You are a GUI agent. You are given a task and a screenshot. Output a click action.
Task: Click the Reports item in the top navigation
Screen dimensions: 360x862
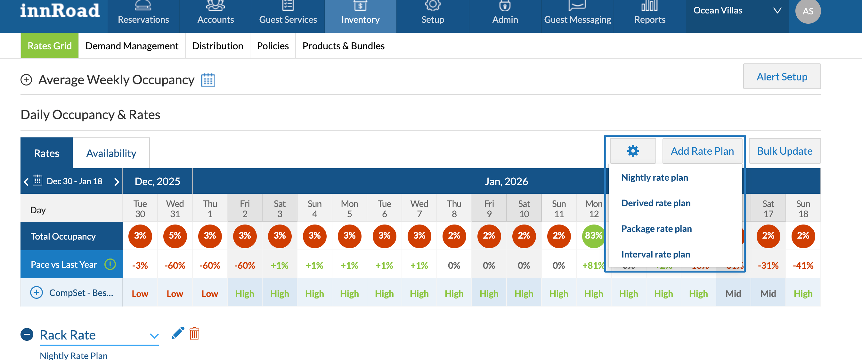coord(649,13)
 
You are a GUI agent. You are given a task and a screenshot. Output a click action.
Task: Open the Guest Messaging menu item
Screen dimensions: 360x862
coord(577,13)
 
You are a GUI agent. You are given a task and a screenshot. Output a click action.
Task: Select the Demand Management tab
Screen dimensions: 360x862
coord(132,46)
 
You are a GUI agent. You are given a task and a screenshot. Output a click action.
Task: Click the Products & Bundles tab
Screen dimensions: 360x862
coord(343,46)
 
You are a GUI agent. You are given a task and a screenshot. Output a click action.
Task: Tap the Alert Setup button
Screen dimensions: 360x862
coord(782,77)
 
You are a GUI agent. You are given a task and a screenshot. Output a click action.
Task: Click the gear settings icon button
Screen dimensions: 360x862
coord(632,151)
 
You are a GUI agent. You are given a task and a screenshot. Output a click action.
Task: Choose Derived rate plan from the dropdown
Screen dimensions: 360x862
coord(655,203)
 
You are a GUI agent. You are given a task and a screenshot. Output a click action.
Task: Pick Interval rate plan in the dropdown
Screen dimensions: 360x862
coord(655,254)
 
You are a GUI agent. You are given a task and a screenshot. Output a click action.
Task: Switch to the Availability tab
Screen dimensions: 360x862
coord(111,153)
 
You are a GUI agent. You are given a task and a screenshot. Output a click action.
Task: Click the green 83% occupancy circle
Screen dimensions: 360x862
coord(593,236)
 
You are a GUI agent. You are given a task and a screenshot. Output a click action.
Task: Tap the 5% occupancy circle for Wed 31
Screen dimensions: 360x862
coord(175,236)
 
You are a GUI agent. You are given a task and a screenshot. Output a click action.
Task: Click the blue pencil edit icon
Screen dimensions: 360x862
coord(178,333)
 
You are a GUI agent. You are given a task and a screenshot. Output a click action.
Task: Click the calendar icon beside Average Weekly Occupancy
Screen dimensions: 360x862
coord(208,80)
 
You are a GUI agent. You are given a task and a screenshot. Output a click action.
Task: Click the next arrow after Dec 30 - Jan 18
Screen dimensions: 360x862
coord(117,182)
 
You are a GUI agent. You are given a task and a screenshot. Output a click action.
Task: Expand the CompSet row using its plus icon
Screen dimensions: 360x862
coord(37,293)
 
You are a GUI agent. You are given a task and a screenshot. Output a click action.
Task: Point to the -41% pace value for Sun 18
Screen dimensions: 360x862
coord(803,265)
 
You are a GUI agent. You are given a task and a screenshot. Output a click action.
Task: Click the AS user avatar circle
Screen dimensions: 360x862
coord(808,12)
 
